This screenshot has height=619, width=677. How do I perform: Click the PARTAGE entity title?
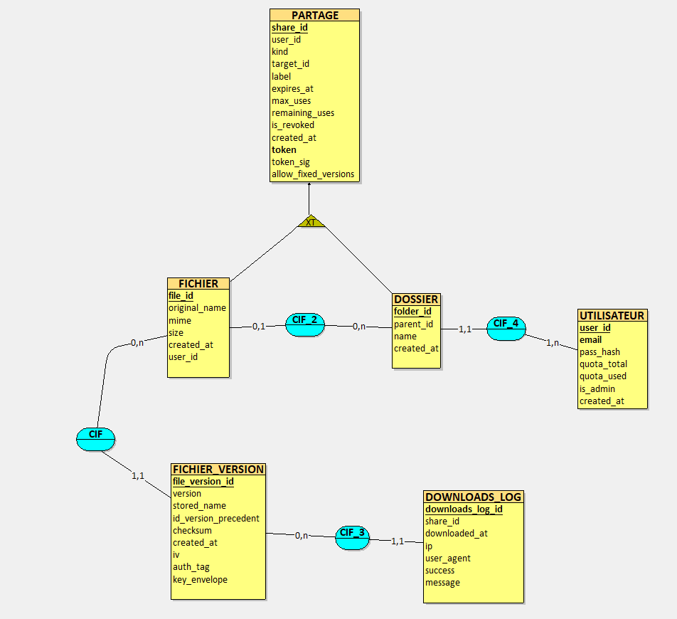pyautogui.click(x=315, y=15)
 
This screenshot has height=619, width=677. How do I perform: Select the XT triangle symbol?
pyautogui.click(x=311, y=222)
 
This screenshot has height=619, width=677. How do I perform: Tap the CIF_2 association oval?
pyautogui.click(x=305, y=324)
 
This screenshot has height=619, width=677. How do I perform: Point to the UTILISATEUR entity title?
pyautogui.click(x=612, y=315)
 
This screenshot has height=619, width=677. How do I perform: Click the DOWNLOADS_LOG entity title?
pyautogui.click(x=473, y=497)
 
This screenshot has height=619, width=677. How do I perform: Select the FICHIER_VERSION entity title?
pyautogui.click(x=218, y=469)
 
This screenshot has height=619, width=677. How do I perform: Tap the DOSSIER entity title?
pyautogui.click(x=416, y=299)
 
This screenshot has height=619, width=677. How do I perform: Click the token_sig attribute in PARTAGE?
pyautogui.click(x=291, y=162)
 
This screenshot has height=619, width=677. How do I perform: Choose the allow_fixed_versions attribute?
pyautogui.click(x=313, y=174)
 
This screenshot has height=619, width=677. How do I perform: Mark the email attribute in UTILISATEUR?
pyautogui.click(x=590, y=339)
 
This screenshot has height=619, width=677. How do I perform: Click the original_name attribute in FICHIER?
pyautogui.click(x=197, y=308)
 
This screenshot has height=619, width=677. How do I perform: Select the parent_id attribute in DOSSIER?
pyautogui.click(x=413, y=324)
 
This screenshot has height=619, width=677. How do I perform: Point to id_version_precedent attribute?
pyautogui.click(x=216, y=518)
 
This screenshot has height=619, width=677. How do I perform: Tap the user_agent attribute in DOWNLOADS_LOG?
pyautogui.click(x=448, y=558)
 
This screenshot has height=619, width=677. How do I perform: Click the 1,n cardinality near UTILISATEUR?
pyautogui.click(x=553, y=343)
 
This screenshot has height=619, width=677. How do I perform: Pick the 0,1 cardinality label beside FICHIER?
pyautogui.click(x=259, y=326)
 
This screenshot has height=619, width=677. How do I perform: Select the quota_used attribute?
pyautogui.click(x=603, y=376)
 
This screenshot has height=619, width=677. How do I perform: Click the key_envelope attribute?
pyautogui.click(x=200, y=579)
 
